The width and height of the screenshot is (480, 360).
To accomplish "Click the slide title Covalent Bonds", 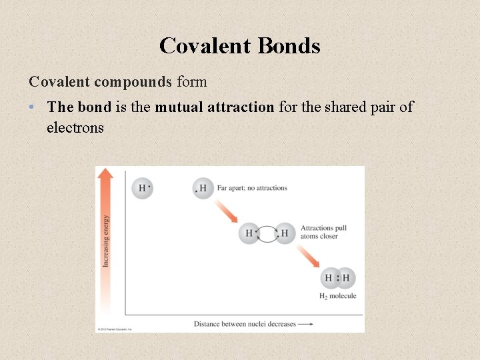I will coord(240,45).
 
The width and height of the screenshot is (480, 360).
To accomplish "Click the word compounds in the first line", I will coord(133,82).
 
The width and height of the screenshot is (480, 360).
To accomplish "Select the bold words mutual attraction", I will coord(214,107).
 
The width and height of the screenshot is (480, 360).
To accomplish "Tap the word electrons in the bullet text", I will coord(75,127).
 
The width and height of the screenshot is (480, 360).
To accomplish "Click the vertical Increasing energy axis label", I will coord(106,241).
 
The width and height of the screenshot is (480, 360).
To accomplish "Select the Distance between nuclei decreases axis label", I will coord(244,324).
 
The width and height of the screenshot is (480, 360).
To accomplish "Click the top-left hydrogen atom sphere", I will coord(143,188).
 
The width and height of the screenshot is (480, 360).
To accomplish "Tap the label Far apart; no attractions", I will coord(252,188).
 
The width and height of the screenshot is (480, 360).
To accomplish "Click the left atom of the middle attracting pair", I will coord(249,233).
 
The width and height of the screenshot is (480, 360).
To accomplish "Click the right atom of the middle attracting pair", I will coord(285,233).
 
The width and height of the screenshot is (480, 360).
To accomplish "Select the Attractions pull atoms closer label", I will coord(323,232).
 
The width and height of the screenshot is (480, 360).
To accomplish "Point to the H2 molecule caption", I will coord(338,296).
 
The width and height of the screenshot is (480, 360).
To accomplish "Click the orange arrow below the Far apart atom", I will coord(226,211).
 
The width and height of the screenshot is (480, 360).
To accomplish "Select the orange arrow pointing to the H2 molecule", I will coord(308,256).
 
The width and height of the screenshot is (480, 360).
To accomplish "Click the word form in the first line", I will coord(191,82).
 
